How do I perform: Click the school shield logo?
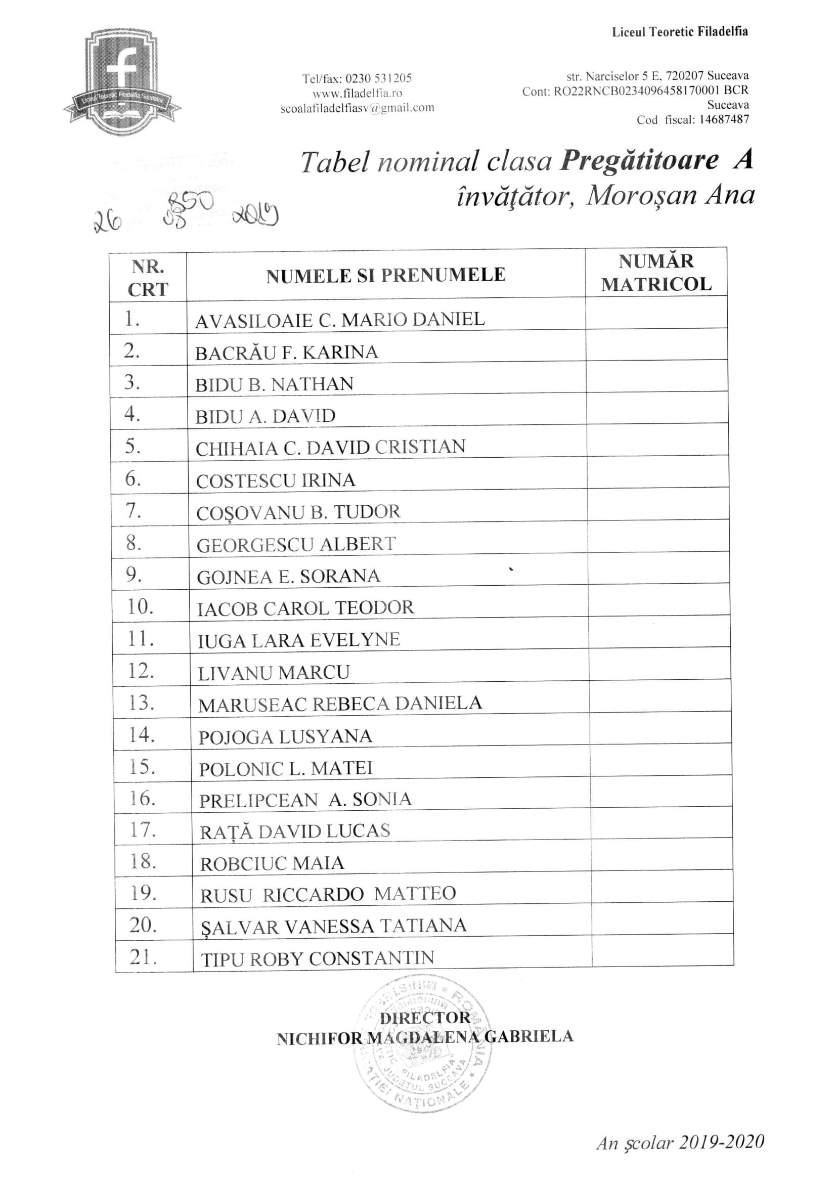pyautogui.click(x=122, y=82)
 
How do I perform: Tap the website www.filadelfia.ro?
pyautogui.click(x=357, y=93)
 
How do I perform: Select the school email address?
pyautogui.click(x=357, y=108)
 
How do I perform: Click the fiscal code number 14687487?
pyautogui.click(x=724, y=120)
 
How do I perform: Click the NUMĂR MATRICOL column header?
pyautogui.click(x=656, y=273)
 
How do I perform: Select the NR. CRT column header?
pyautogui.click(x=148, y=278)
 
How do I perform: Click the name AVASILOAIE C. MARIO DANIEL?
pyautogui.click(x=340, y=320)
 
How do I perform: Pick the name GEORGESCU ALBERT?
pyautogui.click(x=296, y=545)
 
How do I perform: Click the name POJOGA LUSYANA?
pyautogui.click(x=285, y=737)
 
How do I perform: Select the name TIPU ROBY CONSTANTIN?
pyautogui.click(x=318, y=958)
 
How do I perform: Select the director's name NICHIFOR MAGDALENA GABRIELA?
pyautogui.click(x=425, y=1037)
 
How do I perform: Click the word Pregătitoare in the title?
pyautogui.click(x=639, y=161)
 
